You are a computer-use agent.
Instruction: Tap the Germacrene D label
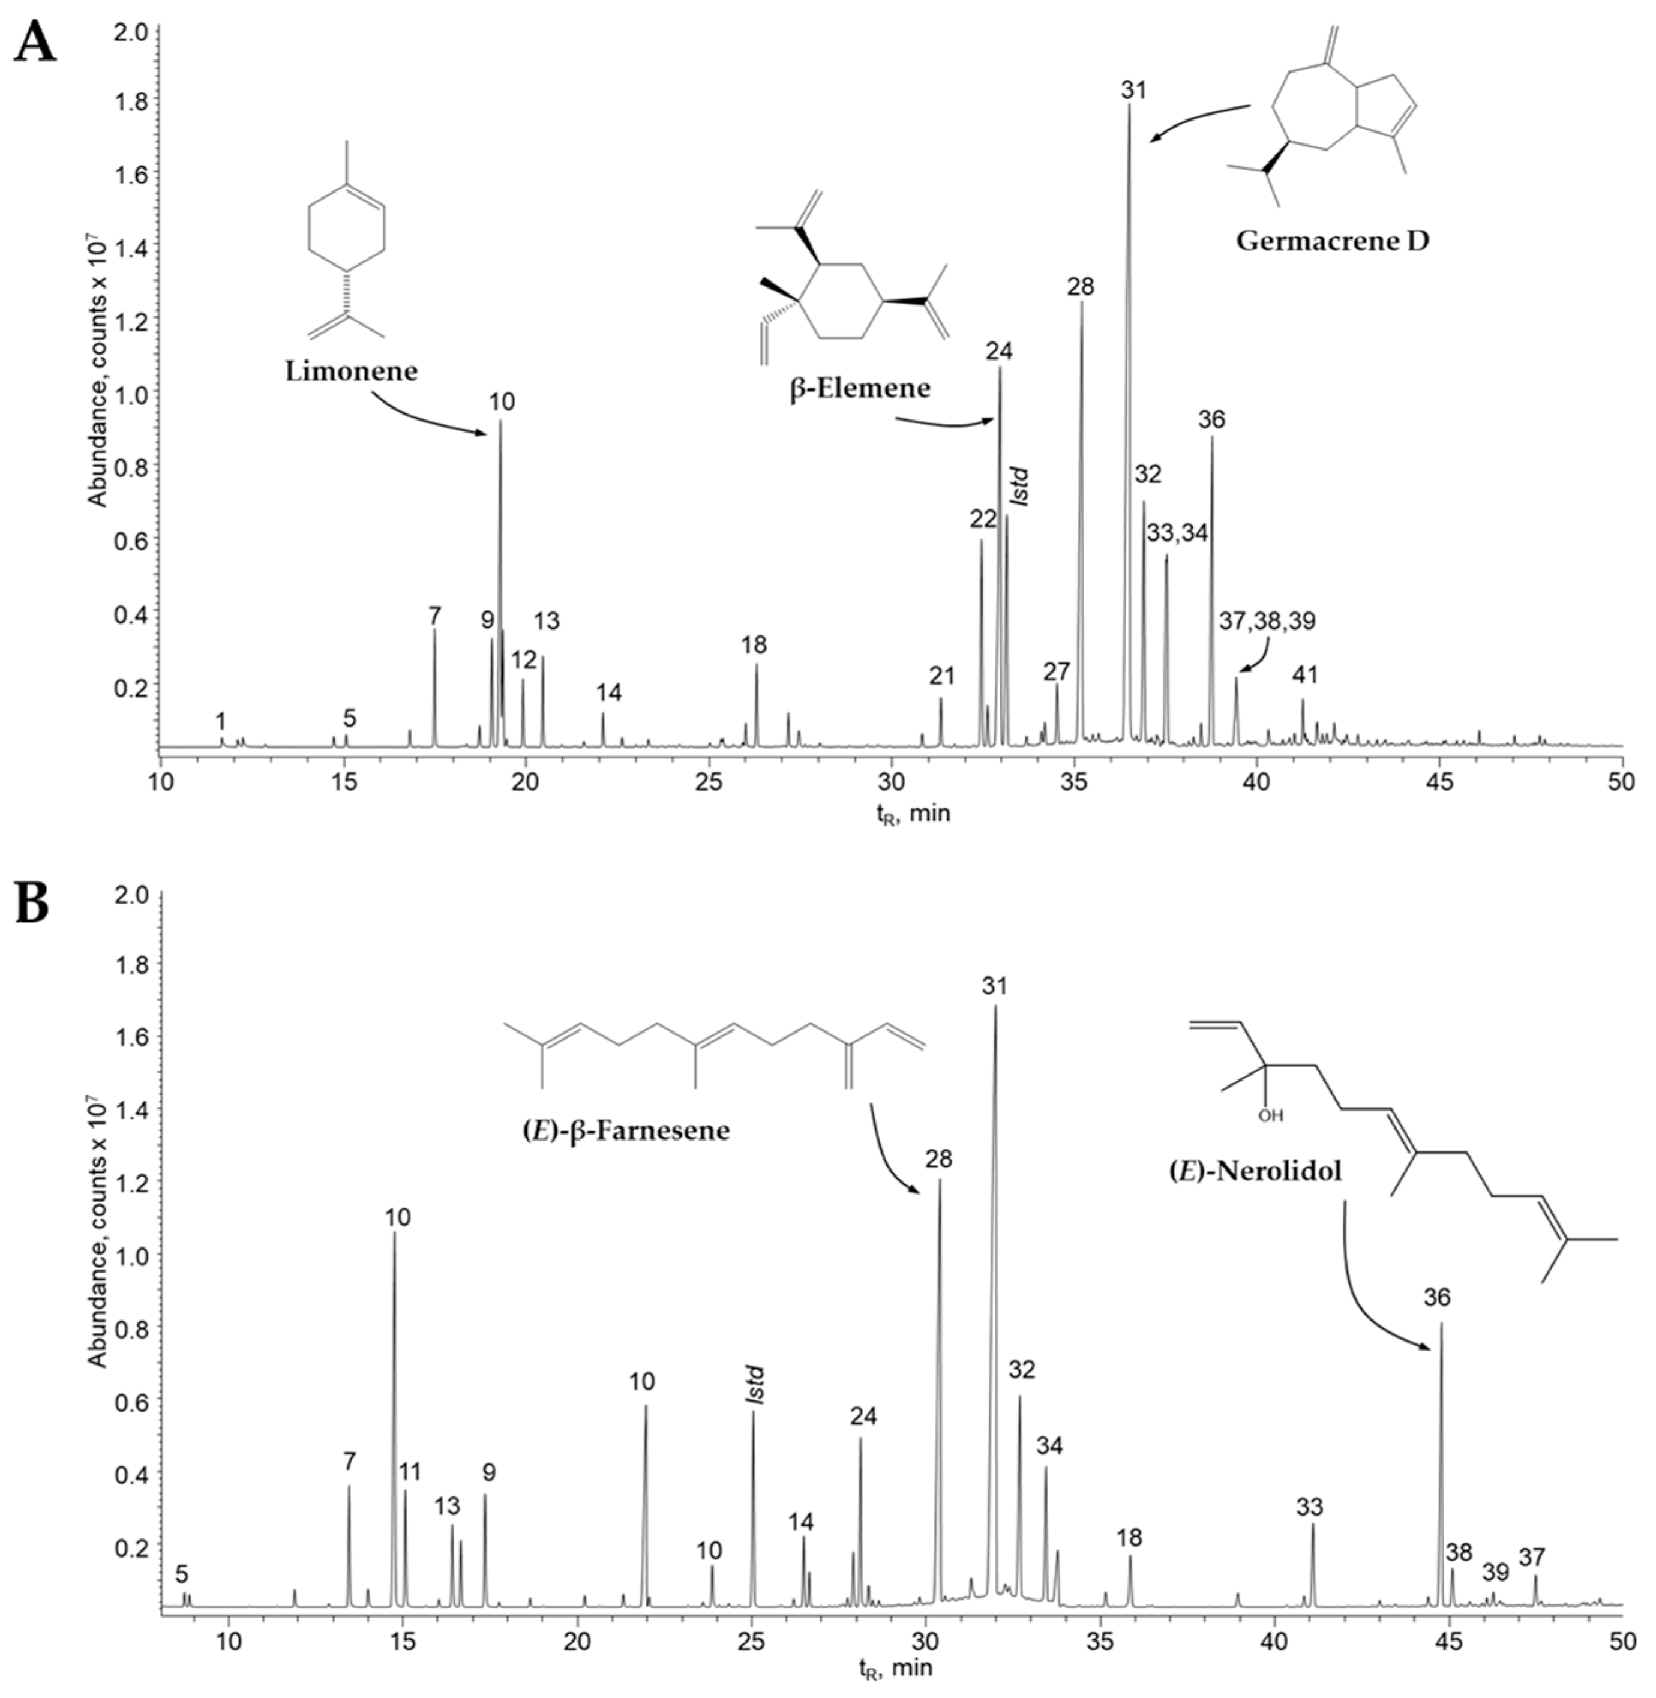click(x=1331, y=241)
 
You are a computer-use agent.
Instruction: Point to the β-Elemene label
click(x=859, y=388)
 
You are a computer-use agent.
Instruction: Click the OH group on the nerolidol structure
click(x=1270, y=1115)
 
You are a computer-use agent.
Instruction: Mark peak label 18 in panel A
click(x=754, y=644)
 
